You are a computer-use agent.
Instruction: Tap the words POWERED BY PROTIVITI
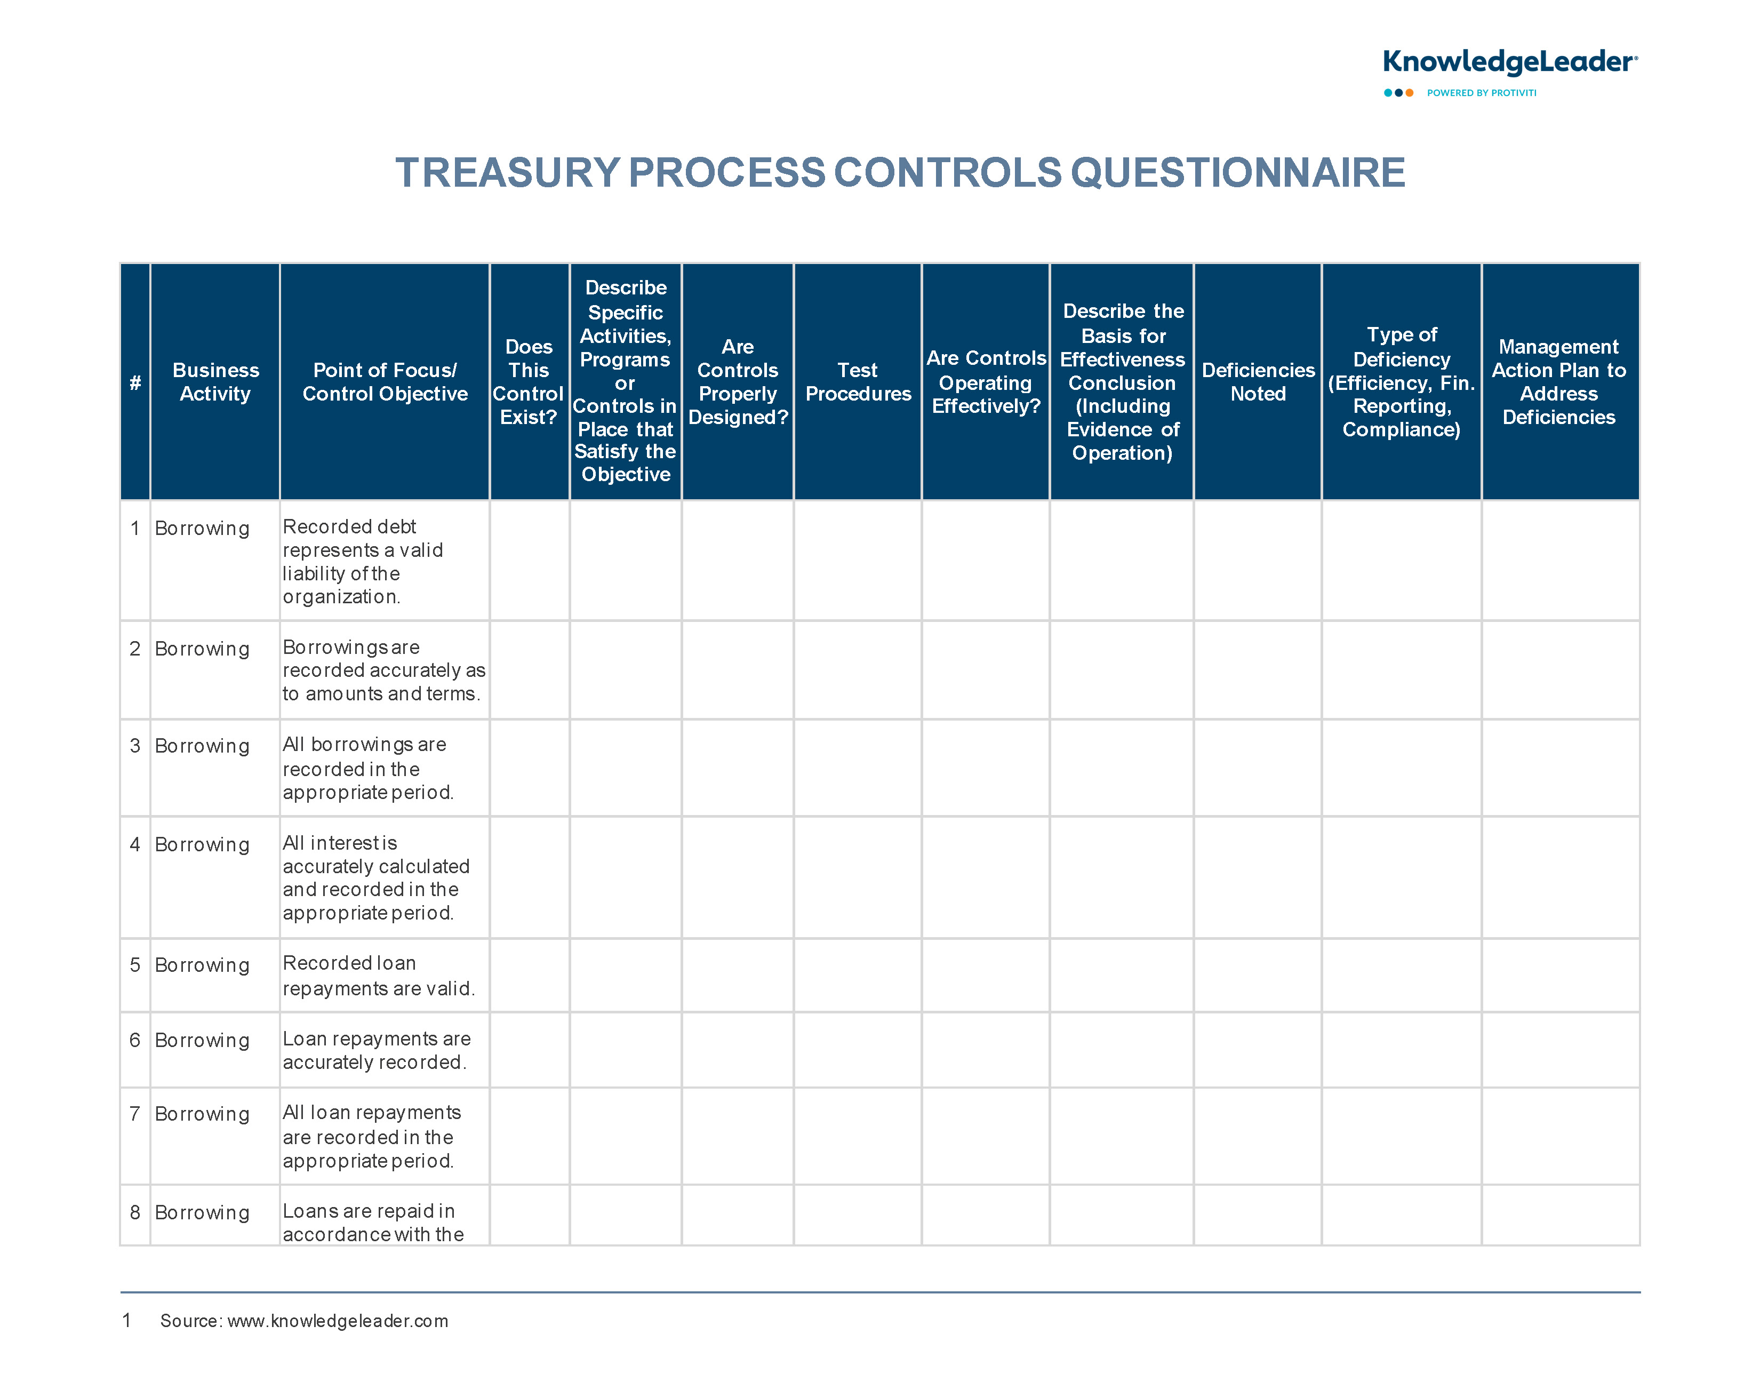tap(1481, 93)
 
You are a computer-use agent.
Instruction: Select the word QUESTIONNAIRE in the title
tap(1238, 172)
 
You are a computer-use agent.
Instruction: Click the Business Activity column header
tap(215, 382)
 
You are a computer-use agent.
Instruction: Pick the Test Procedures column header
tap(858, 382)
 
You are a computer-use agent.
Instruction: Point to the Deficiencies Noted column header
tap(1258, 382)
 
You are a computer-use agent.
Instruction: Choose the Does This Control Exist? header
tap(529, 382)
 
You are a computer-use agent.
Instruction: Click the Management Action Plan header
tap(1559, 382)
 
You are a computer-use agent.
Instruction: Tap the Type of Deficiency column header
tap(1402, 382)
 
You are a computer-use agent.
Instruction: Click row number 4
tap(134, 844)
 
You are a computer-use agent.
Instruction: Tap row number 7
tap(134, 1114)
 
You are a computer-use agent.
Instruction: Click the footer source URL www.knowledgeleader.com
tap(338, 1321)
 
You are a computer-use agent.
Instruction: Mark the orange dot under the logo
tap(1410, 93)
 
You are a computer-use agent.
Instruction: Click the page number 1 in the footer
tap(126, 1320)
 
